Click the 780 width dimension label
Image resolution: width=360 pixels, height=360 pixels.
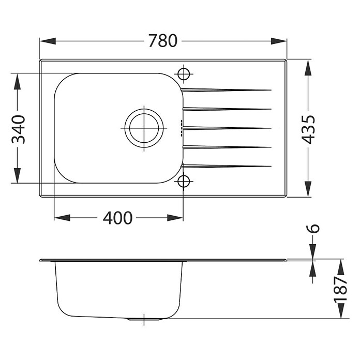(163, 41)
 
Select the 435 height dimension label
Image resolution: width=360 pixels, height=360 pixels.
(308, 130)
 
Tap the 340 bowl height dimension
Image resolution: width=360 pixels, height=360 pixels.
(18, 129)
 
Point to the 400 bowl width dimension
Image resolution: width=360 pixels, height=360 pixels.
(117, 218)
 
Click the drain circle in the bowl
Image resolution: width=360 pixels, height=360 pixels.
(144, 128)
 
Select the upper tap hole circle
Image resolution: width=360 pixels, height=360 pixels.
(184, 74)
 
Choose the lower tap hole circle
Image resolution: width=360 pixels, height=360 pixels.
(184, 182)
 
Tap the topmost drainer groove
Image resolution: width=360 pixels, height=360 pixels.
(226, 90)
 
